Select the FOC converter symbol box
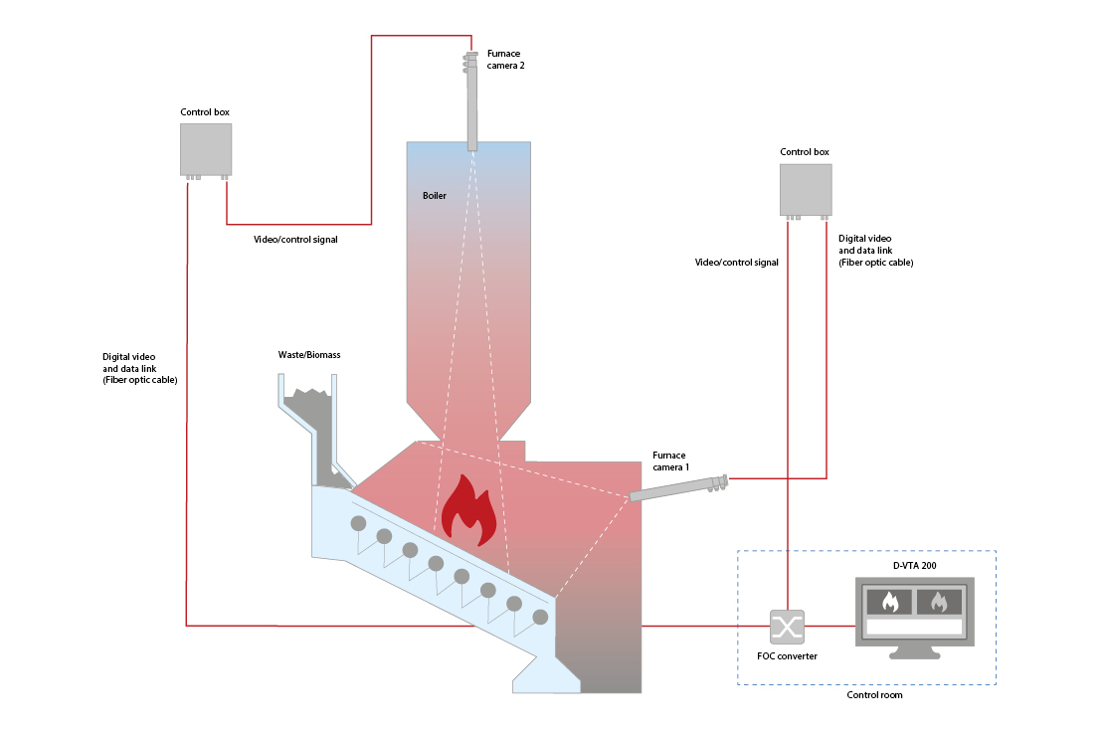787,627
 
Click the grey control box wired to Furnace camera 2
206,149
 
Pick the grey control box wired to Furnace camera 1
806,189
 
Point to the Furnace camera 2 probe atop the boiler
472,99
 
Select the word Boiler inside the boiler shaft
435,196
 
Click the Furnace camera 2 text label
504,59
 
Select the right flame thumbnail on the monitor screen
939,601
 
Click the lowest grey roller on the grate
540,618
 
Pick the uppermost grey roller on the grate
358,523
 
